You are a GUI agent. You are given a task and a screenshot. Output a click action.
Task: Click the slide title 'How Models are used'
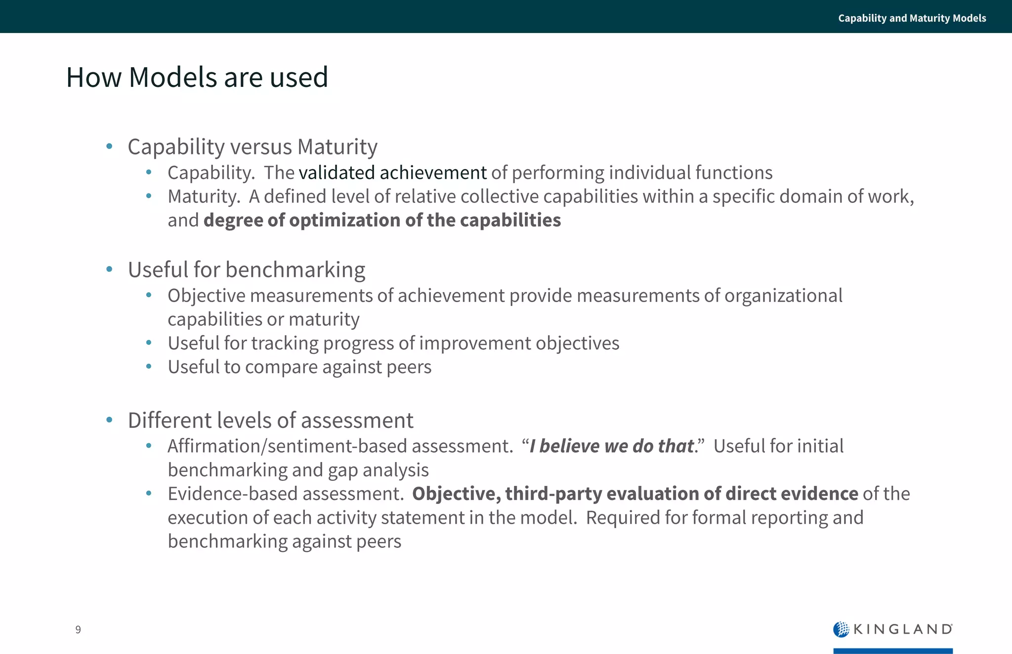click(197, 77)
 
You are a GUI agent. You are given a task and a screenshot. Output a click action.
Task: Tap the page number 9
click(78, 629)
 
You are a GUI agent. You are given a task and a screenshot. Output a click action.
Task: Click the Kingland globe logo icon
click(841, 629)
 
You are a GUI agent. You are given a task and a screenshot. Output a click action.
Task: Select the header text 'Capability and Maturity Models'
click(912, 18)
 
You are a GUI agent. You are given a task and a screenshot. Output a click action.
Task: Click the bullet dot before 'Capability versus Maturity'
click(109, 146)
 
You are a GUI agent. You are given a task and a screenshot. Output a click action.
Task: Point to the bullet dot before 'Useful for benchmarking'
click(109, 269)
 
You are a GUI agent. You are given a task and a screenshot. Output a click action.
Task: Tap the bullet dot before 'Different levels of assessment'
click(109, 420)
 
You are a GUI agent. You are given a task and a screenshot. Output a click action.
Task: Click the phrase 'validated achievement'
click(392, 173)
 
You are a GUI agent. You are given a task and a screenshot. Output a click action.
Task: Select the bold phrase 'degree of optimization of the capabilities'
click(382, 220)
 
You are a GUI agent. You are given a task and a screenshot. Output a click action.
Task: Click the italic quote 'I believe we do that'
click(612, 446)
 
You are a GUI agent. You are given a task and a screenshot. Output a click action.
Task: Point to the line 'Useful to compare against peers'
click(299, 367)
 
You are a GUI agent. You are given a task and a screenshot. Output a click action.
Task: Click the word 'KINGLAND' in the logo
click(902, 629)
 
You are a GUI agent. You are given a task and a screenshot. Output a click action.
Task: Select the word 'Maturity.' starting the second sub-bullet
click(204, 196)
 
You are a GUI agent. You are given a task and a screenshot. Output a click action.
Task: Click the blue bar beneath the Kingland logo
click(892, 651)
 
